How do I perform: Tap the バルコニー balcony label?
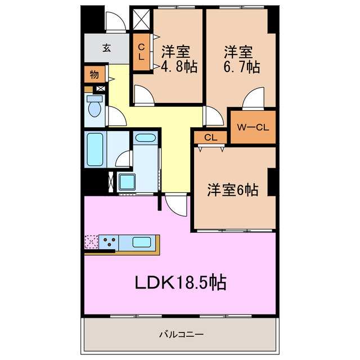[180, 334]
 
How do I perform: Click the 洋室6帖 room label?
[232, 190]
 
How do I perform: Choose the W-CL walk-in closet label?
[253, 127]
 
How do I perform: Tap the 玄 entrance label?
[106, 48]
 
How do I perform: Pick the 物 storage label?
[94, 74]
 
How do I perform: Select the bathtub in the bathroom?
[95, 148]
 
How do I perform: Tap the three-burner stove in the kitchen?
[109, 243]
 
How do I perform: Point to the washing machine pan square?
[127, 182]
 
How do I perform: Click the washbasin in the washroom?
[146, 138]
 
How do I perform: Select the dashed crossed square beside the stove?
[91, 242]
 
